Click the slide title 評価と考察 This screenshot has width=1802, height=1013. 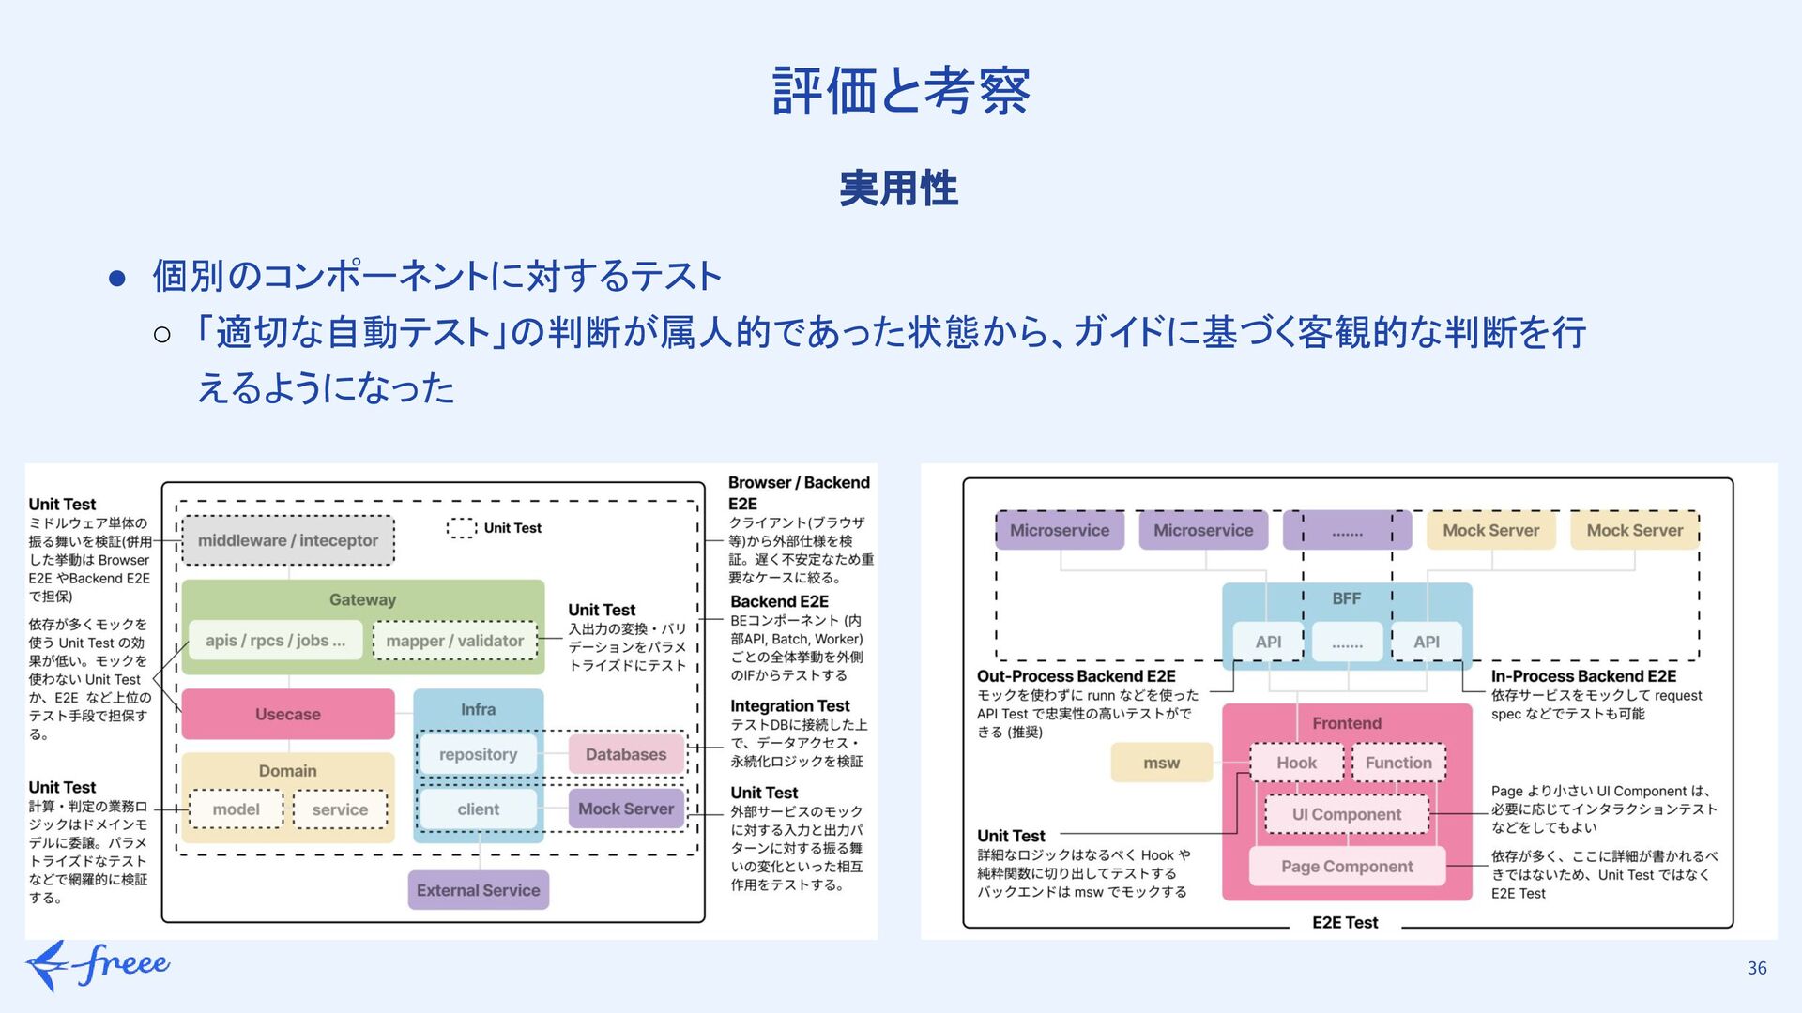pyautogui.click(x=900, y=91)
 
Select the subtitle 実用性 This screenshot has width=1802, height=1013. pyautogui.click(x=898, y=189)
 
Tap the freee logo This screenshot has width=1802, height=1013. pyautogui.click(x=99, y=964)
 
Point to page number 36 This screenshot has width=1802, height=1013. pyautogui.click(x=1757, y=968)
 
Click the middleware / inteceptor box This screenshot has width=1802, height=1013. pyautogui.click(x=288, y=540)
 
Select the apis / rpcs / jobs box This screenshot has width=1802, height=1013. pyautogui.click(x=275, y=641)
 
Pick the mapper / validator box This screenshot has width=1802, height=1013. pyautogui.click(x=455, y=641)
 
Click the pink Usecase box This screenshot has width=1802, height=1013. pyautogui.click(x=288, y=714)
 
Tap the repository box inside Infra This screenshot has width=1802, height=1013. pyautogui.click(x=478, y=754)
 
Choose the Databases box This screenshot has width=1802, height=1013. pyautogui.click(x=626, y=754)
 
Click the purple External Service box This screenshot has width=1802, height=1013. pyautogui.click(x=478, y=890)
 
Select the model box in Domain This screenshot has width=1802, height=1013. pyautogui.click(x=236, y=809)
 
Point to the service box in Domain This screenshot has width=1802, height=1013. pyautogui.click(x=340, y=809)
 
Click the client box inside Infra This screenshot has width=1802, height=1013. pyautogui.click(x=478, y=809)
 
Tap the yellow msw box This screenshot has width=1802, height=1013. pyautogui.click(x=1161, y=764)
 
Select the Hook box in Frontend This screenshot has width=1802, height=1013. pyautogui.click(x=1296, y=764)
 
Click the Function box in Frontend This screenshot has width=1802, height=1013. pyautogui.click(x=1398, y=764)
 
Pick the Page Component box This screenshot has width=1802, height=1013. pyautogui.click(x=1347, y=867)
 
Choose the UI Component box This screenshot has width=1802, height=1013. pyautogui.click(x=1347, y=814)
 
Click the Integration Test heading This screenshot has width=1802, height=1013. pyautogui.click(x=790, y=706)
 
